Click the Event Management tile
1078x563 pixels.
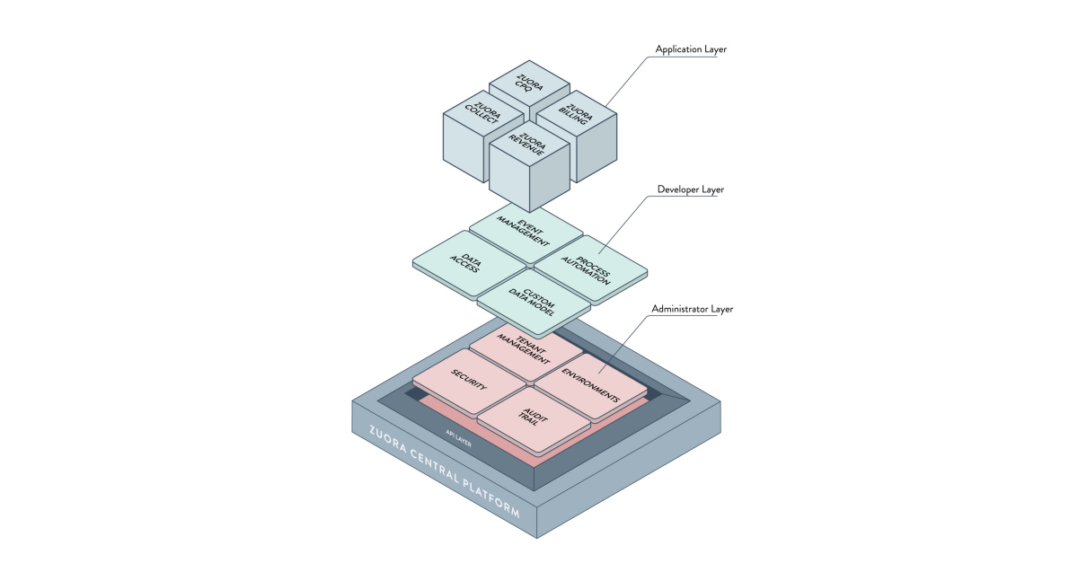click(526, 232)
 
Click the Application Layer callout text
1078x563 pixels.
click(691, 49)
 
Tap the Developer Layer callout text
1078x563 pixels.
click(690, 189)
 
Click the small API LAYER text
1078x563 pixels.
click(458, 434)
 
